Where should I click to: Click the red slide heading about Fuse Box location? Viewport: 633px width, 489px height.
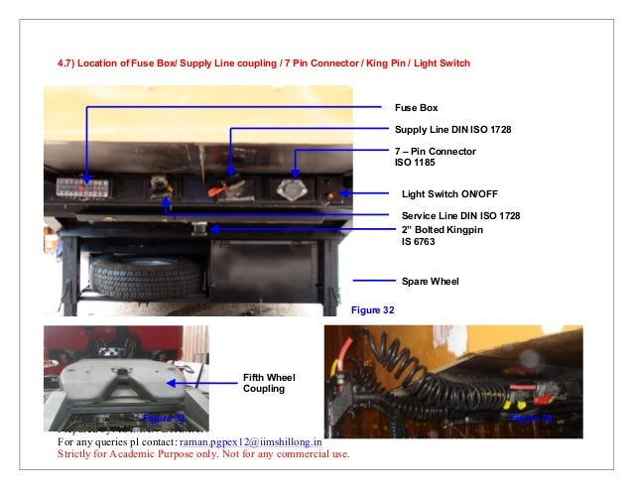coord(263,63)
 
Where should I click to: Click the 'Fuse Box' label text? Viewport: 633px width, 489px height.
coord(416,107)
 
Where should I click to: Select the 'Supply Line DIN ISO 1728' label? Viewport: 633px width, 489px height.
coord(452,130)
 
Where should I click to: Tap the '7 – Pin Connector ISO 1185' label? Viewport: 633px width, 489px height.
coord(435,157)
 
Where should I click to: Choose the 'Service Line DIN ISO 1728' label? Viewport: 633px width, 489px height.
coord(460,215)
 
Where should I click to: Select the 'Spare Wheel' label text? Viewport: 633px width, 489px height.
coord(430,281)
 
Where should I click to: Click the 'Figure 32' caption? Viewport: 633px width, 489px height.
coord(373,310)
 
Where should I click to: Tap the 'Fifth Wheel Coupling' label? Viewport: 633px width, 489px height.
coord(269,383)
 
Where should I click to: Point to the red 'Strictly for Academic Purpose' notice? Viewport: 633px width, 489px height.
coord(203,455)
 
